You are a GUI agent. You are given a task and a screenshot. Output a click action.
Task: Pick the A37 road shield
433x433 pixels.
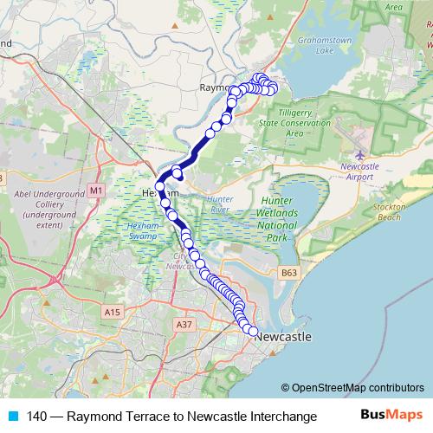pos(183,324)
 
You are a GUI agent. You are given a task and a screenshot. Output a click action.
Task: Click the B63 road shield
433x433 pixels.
pos(291,273)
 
